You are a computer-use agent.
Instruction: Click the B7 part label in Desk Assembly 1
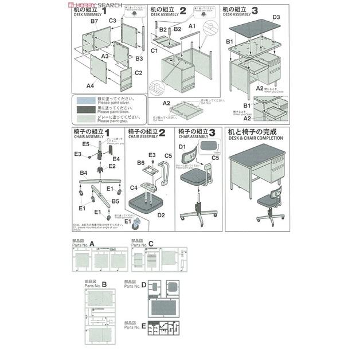(95, 21)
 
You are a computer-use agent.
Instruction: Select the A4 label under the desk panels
(90, 85)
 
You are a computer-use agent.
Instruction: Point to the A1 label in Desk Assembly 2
(193, 26)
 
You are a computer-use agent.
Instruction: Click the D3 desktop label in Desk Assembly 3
(276, 17)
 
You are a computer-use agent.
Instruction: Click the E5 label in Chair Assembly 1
(85, 144)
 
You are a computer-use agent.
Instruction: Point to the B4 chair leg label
(83, 172)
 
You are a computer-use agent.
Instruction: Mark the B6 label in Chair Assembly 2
(140, 163)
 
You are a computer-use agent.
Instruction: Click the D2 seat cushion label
(161, 215)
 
